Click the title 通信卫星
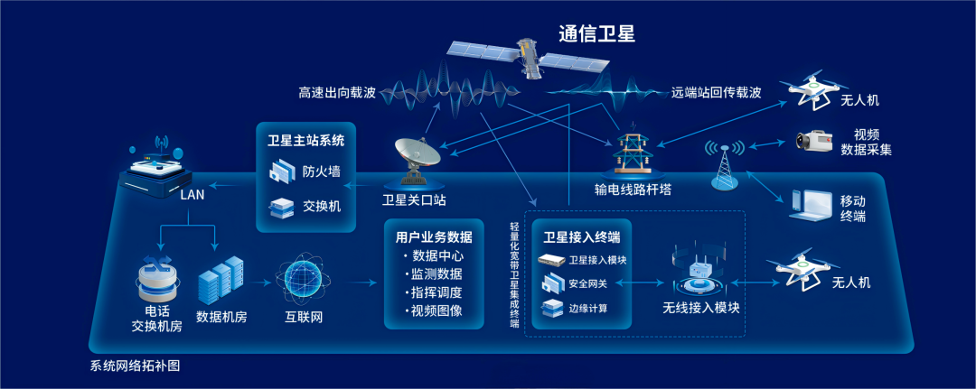pos(596,34)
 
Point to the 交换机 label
pos(322,207)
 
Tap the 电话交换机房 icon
pos(157,277)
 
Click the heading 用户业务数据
pos(434,237)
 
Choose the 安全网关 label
pos(588,284)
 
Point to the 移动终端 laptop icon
pos(812,206)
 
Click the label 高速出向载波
pos(336,93)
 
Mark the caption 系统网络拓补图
pos(136,367)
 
